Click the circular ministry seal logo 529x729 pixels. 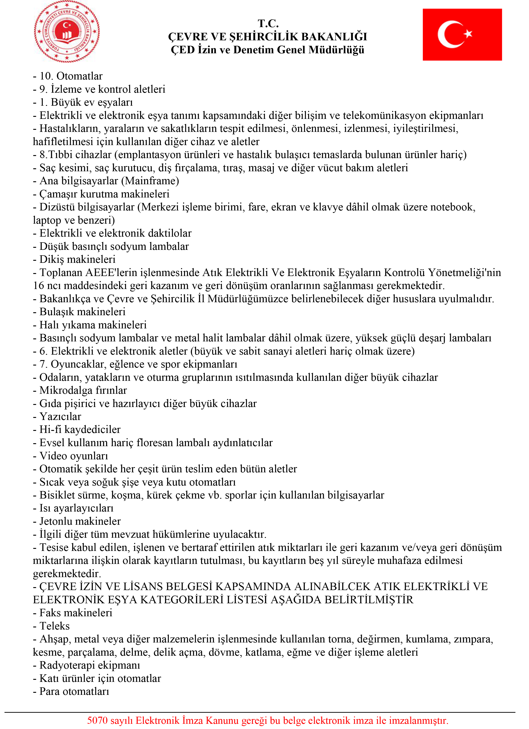[x=67, y=31]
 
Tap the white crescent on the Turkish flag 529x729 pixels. [x=447, y=34]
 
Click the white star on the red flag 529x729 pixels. [x=468, y=33]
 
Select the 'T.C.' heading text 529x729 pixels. [x=268, y=23]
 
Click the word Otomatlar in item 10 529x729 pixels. [x=79, y=76]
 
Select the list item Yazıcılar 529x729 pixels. [x=60, y=417]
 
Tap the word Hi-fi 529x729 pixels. [x=50, y=430]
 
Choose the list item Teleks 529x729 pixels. [x=54, y=626]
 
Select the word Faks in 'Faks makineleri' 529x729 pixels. [x=50, y=613]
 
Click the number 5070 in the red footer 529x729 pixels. [x=97, y=720]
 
